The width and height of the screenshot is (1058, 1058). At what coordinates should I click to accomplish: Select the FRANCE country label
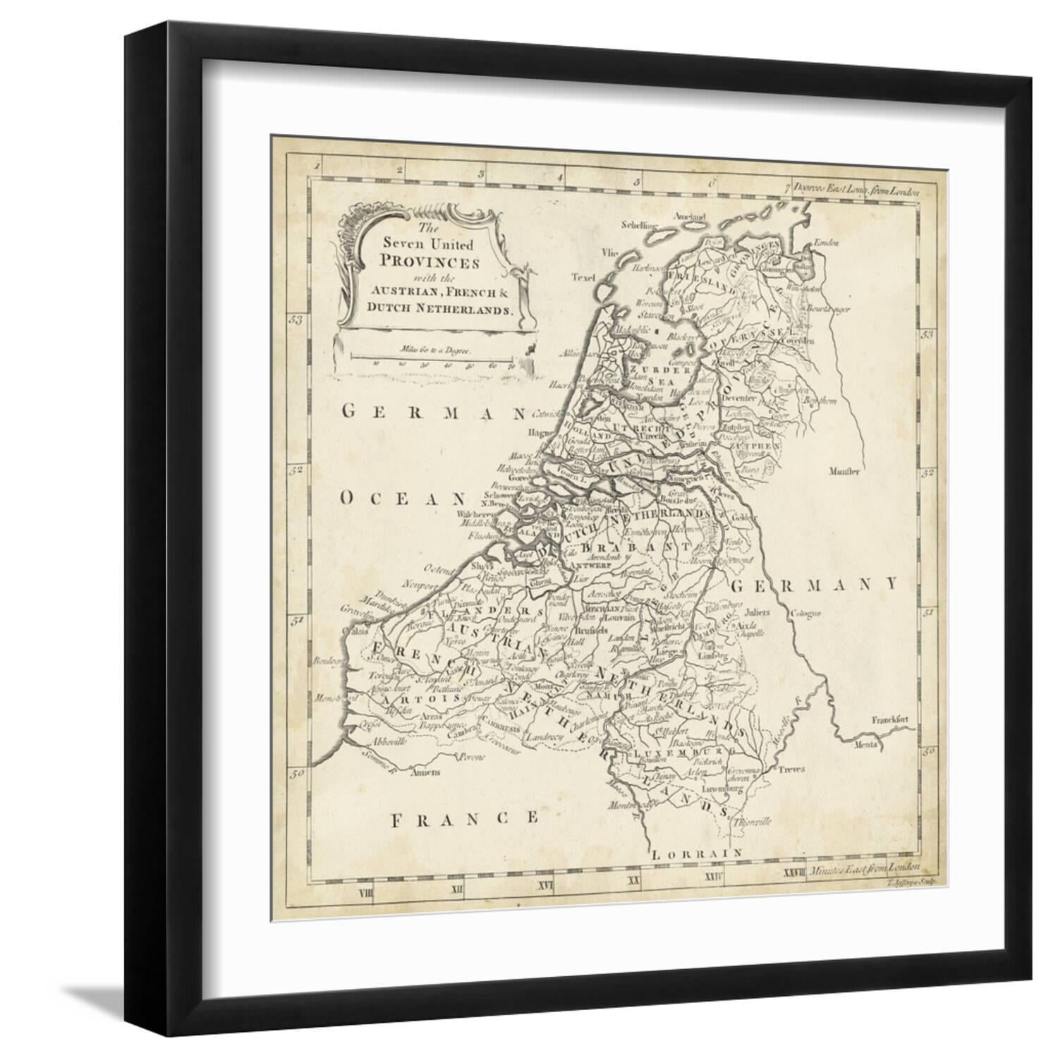pos(466,818)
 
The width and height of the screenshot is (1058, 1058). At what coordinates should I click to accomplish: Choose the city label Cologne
pos(806,613)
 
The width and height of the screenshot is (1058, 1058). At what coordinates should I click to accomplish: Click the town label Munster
pos(844,471)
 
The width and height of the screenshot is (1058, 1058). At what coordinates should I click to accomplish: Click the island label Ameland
pos(689,216)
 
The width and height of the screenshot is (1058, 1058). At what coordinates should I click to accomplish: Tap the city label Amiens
pos(421,772)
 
